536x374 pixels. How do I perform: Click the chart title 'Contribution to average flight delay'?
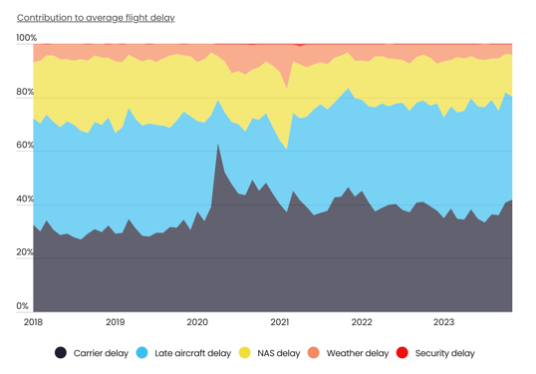click(x=96, y=18)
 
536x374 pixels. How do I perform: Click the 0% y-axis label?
click(x=23, y=306)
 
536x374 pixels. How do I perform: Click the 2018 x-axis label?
click(x=33, y=322)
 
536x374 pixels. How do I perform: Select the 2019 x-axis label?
click(x=116, y=322)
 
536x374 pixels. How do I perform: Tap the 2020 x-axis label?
click(x=197, y=322)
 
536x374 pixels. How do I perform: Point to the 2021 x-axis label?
click(x=280, y=322)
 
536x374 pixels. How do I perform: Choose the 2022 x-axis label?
click(x=362, y=322)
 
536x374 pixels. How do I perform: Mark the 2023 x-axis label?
click(x=443, y=322)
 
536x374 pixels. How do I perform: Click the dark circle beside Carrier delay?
click(x=61, y=353)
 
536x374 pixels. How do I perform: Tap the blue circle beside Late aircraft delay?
click(x=142, y=353)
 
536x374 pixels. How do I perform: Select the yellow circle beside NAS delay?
click(x=246, y=353)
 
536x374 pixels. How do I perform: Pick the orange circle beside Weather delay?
click(x=315, y=353)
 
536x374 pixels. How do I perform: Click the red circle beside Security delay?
click(x=403, y=353)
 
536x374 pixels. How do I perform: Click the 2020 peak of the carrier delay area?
click(x=218, y=145)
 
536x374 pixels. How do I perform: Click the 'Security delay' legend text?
click(x=444, y=353)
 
